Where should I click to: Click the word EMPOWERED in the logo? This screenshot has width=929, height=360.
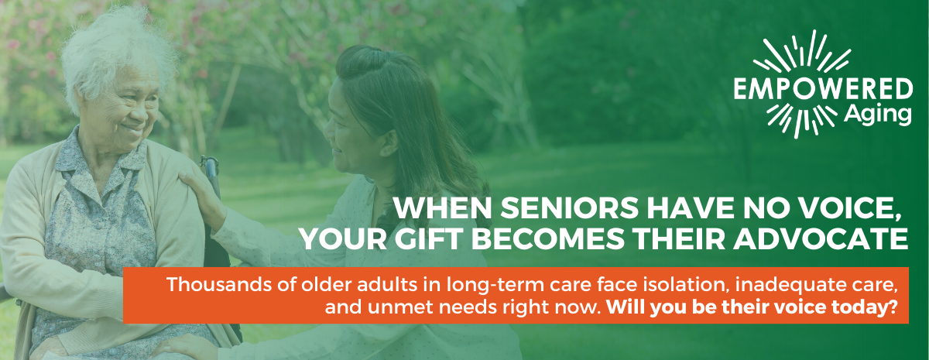point(823,89)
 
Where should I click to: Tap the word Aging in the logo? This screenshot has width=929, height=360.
point(878,115)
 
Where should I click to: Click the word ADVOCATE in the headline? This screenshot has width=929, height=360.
point(821,239)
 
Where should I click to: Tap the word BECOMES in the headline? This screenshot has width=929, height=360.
point(547,239)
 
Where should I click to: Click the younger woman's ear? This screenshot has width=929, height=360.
point(390,143)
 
